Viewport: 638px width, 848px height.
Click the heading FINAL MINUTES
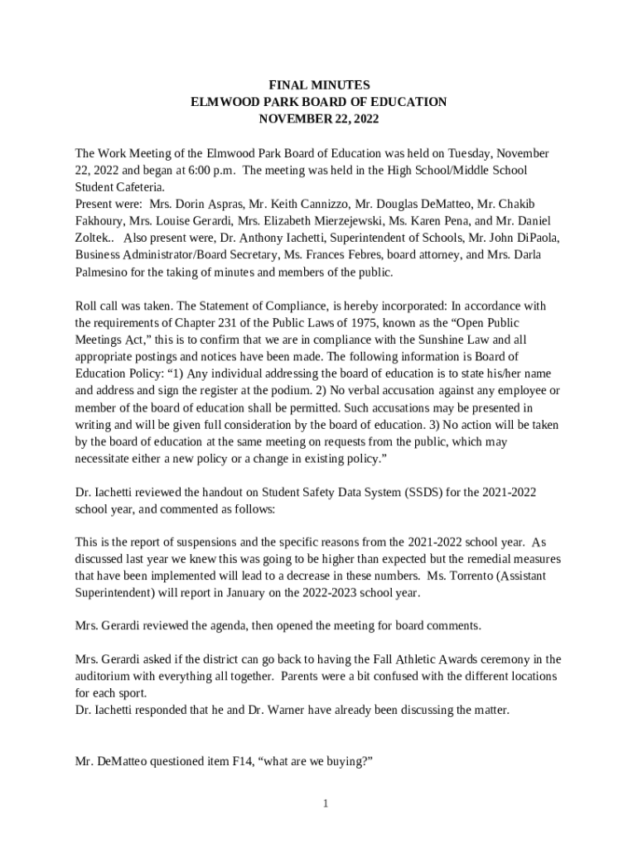point(319,84)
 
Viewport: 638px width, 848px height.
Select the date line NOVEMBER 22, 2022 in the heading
point(319,118)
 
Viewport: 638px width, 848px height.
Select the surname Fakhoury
point(99,221)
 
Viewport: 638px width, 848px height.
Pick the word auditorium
point(103,676)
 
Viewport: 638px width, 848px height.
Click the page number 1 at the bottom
point(326,803)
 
